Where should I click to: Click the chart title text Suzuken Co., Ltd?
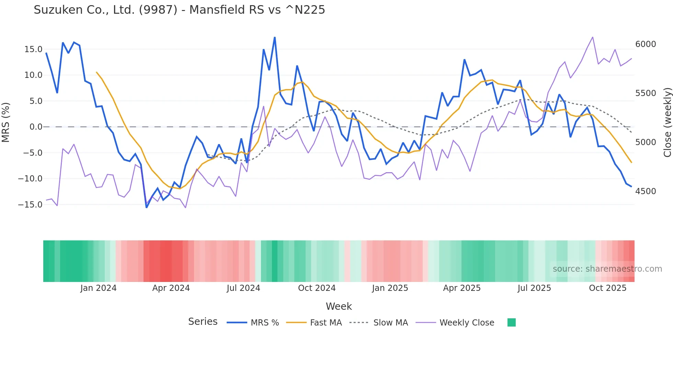click(x=179, y=10)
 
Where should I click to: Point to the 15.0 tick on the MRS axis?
click(x=33, y=49)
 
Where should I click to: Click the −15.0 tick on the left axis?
click(x=30, y=205)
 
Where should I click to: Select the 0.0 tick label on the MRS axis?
click(x=36, y=127)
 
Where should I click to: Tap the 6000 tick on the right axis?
click(x=645, y=44)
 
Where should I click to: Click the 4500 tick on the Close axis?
click(x=645, y=191)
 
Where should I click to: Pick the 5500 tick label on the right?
click(x=645, y=93)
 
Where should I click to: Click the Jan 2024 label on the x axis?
click(x=98, y=288)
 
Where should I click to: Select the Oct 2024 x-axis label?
click(x=317, y=288)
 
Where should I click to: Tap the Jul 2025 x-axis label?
click(x=534, y=288)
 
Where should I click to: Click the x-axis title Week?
click(x=339, y=306)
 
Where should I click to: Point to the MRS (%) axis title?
click(x=6, y=122)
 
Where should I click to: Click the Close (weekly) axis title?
click(x=667, y=122)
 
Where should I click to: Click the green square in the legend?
click(x=511, y=322)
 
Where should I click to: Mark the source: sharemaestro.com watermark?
click(x=607, y=269)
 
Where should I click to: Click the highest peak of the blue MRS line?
click(x=275, y=37)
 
